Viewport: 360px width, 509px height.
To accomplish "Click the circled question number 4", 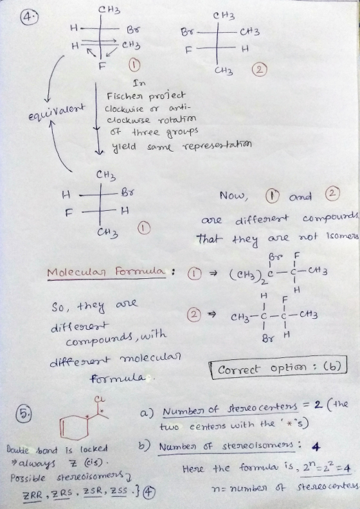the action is click(x=27, y=16).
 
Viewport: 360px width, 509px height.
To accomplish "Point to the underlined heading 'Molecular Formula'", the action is click(x=106, y=272).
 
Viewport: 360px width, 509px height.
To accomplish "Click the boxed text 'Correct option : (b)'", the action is click(x=279, y=368).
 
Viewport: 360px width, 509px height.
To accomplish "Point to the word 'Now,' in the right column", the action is click(x=233, y=196).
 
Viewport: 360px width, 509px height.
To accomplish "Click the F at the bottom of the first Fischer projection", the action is click(x=102, y=66).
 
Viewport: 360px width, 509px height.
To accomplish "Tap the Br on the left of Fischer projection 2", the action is click(x=186, y=33).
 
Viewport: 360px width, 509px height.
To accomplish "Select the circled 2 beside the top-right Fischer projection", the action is click(x=261, y=70).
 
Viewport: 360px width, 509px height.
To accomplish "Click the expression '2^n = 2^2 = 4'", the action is click(x=325, y=469).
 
